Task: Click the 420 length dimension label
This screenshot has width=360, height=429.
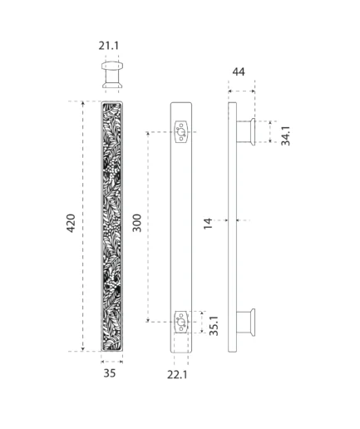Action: pos(71,223)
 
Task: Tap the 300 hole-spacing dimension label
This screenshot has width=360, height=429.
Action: pos(137,223)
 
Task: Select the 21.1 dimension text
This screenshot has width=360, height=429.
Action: pos(109,46)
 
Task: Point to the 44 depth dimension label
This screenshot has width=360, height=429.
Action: pos(239,71)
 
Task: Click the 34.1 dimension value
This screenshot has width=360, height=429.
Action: pos(285,136)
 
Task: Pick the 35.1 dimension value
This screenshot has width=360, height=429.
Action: pos(214,326)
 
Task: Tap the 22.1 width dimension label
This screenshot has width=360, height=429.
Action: pos(177,375)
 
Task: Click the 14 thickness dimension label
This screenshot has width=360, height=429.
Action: pos(208,224)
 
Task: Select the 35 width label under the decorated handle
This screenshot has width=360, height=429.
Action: pos(110,373)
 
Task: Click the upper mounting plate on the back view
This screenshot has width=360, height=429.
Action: pos(181,132)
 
